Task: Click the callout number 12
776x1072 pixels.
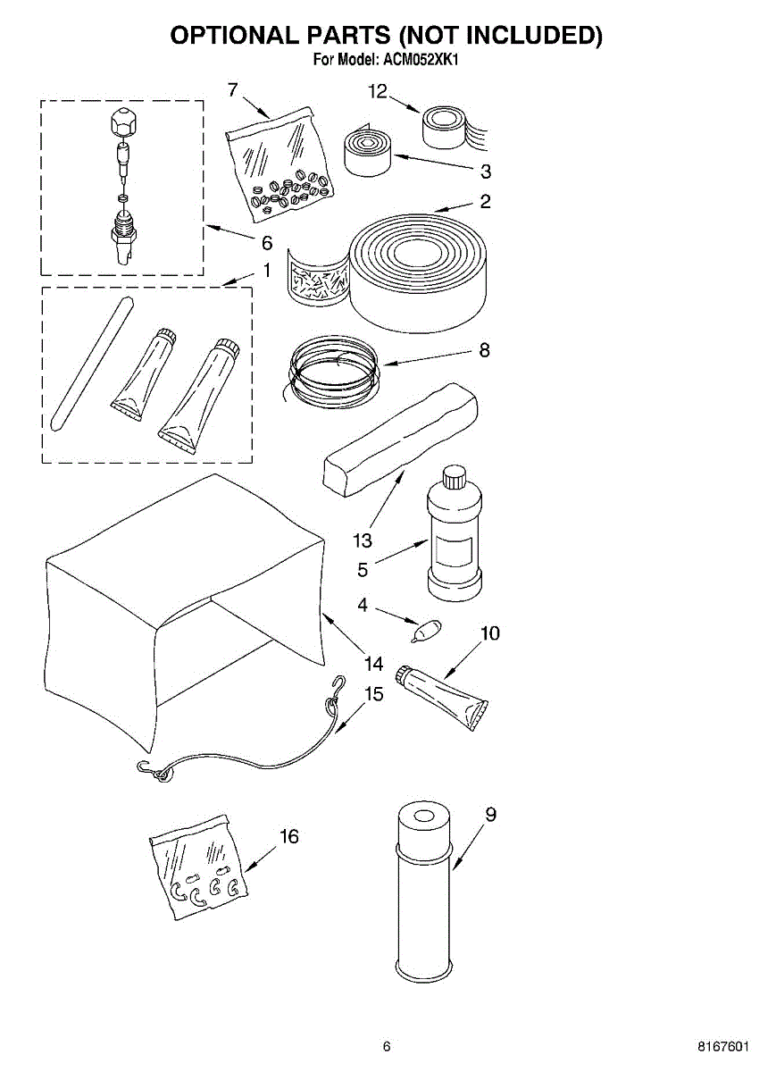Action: (x=378, y=90)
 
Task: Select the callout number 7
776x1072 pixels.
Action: (x=233, y=89)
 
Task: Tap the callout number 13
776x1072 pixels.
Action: (x=362, y=540)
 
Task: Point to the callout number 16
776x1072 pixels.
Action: (x=288, y=836)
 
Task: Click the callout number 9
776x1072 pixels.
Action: (x=490, y=814)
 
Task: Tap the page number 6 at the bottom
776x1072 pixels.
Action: (x=387, y=1046)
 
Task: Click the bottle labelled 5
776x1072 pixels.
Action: (x=456, y=545)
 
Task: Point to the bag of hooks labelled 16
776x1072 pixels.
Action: (x=198, y=867)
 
